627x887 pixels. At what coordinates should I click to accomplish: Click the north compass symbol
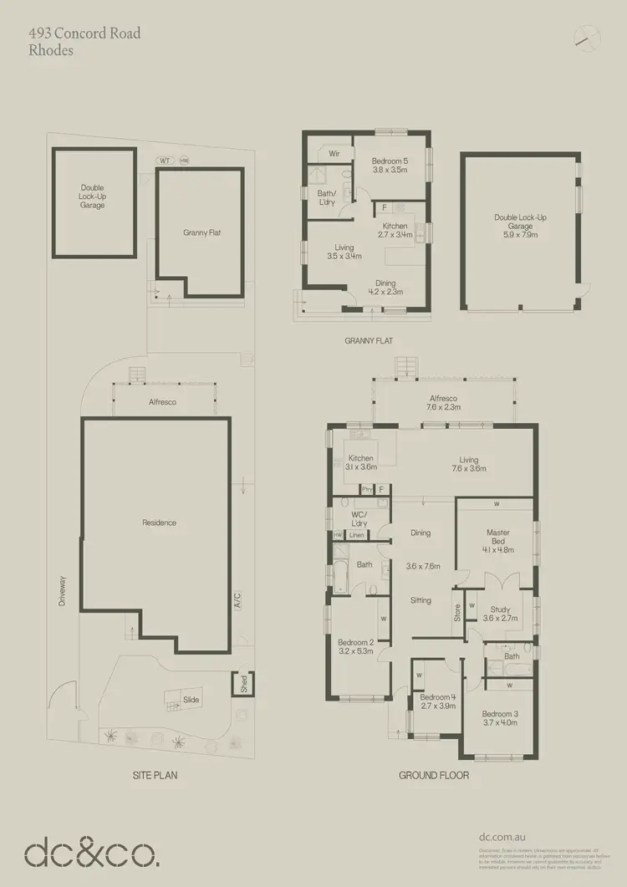[589, 36]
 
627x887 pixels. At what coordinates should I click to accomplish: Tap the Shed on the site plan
[244, 683]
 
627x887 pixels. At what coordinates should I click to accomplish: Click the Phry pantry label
[366, 489]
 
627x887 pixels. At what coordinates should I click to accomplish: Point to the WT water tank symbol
[165, 161]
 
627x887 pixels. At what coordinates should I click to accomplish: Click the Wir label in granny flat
[332, 154]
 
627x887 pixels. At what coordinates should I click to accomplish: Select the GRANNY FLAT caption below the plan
[369, 341]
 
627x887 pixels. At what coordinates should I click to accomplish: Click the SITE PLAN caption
[155, 776]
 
